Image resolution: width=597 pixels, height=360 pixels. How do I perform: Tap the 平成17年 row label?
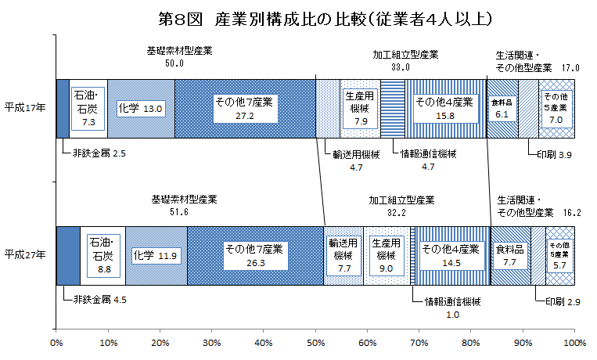[24, 106]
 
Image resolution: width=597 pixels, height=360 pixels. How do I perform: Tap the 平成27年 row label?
[24, 254]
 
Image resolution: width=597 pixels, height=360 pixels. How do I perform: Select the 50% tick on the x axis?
[315, 342]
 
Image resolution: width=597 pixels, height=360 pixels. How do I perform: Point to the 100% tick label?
[574, 342]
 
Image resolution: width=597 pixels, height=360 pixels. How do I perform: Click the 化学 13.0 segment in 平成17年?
[140, 108]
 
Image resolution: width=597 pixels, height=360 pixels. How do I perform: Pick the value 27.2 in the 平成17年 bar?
[244, 114]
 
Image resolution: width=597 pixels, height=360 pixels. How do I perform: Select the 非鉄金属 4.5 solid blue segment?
[68, 255]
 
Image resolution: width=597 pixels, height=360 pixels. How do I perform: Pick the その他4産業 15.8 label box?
[444, 108]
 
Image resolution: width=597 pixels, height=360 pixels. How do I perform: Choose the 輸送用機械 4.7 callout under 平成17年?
[344, 160]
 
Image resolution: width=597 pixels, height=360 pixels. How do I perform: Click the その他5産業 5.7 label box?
[560, 255]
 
